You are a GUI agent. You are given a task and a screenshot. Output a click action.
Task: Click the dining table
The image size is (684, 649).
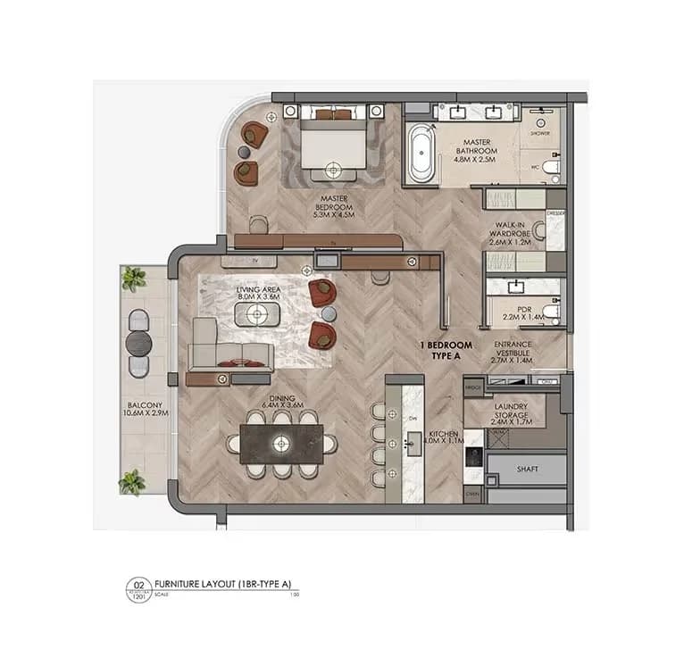point(282,442)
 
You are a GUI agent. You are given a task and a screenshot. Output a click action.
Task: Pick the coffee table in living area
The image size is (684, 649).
point(257,314)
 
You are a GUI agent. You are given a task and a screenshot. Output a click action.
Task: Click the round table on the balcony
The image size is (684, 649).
point(138,342)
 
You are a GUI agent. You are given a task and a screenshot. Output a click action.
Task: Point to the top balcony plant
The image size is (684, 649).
point(134,278)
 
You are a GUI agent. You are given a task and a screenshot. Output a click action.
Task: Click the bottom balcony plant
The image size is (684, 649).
point(132,483)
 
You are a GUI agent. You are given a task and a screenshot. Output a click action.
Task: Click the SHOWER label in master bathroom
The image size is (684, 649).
point(540,133)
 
